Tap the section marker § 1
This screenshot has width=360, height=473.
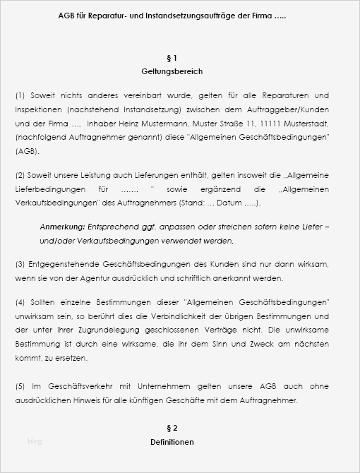click(x=172, y=57)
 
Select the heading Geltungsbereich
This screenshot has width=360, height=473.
click(x=172, y=71)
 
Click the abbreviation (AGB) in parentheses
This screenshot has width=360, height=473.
click(x=27, y=151)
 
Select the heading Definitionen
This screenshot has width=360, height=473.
click(x=172, y=442)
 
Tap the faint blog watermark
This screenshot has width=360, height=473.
click(x=35, y=441)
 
